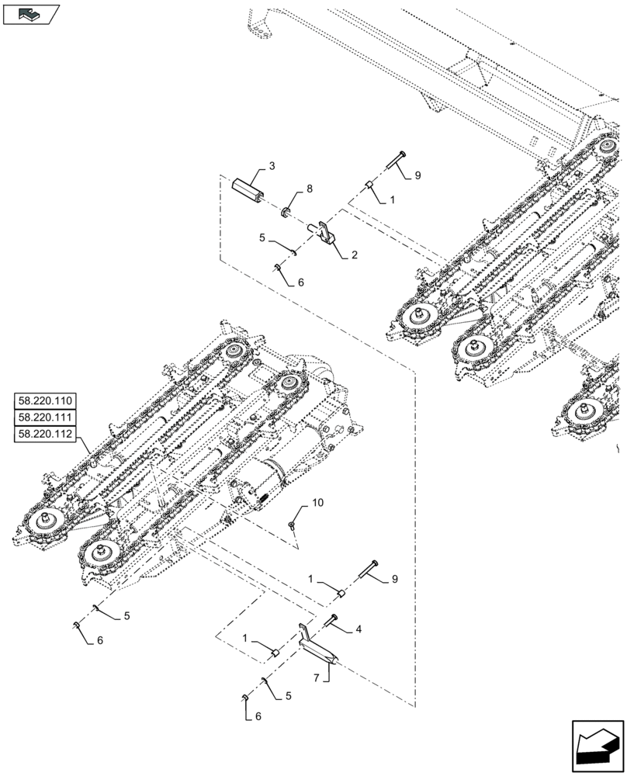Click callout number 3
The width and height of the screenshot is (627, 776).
272,167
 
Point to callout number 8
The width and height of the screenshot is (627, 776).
309,189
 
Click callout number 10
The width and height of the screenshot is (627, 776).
317,504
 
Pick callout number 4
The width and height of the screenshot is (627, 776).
359,629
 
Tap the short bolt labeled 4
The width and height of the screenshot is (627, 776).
332,620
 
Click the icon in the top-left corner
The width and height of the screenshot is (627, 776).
30,12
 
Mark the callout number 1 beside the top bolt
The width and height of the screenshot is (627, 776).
392,199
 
